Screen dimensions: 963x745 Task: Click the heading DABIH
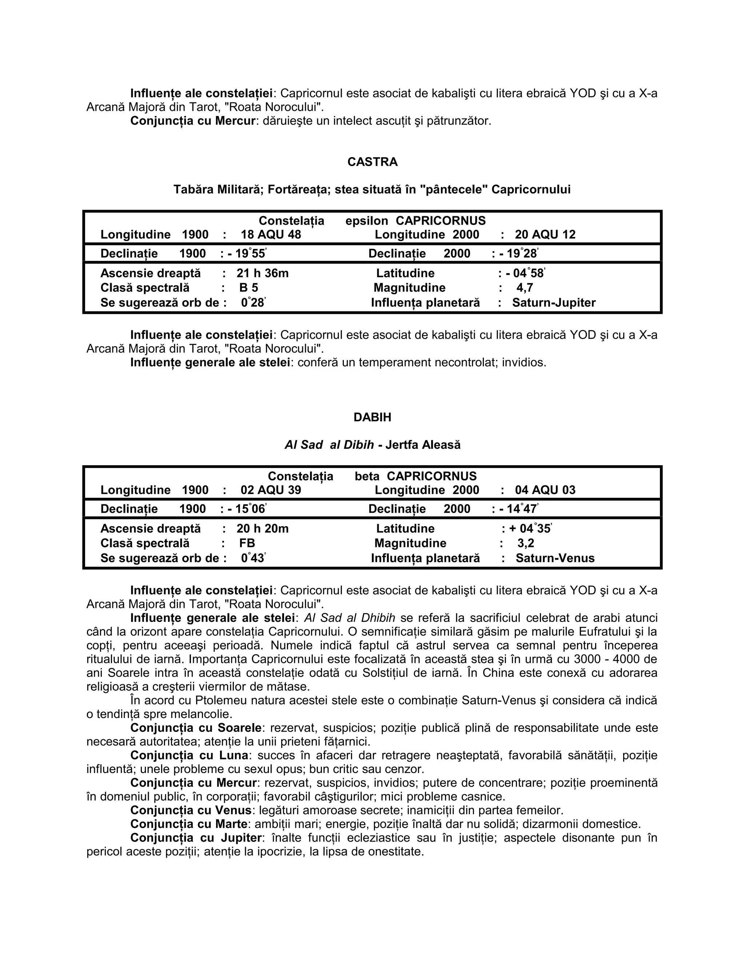pos(372,417)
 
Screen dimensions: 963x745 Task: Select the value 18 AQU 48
pos(271,235)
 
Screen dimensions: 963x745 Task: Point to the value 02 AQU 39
pos(271,490)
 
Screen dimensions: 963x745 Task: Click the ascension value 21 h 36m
pos(263,273)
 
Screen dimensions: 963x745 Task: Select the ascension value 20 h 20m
pos(263,529)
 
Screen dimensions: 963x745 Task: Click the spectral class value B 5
pos(248,288)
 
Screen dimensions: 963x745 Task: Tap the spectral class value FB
pos(247,543)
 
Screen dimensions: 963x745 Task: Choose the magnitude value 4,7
pos(525,288)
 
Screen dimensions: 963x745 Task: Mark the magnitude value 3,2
pos(526,543)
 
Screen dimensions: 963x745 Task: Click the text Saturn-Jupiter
pos(554,303)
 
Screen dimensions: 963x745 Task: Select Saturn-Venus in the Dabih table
pos(555,558)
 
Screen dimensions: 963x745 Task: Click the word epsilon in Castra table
pos(367,221)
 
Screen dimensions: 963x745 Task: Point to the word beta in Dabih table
pos(367,476)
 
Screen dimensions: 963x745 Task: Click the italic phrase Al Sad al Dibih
pos(329,445)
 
